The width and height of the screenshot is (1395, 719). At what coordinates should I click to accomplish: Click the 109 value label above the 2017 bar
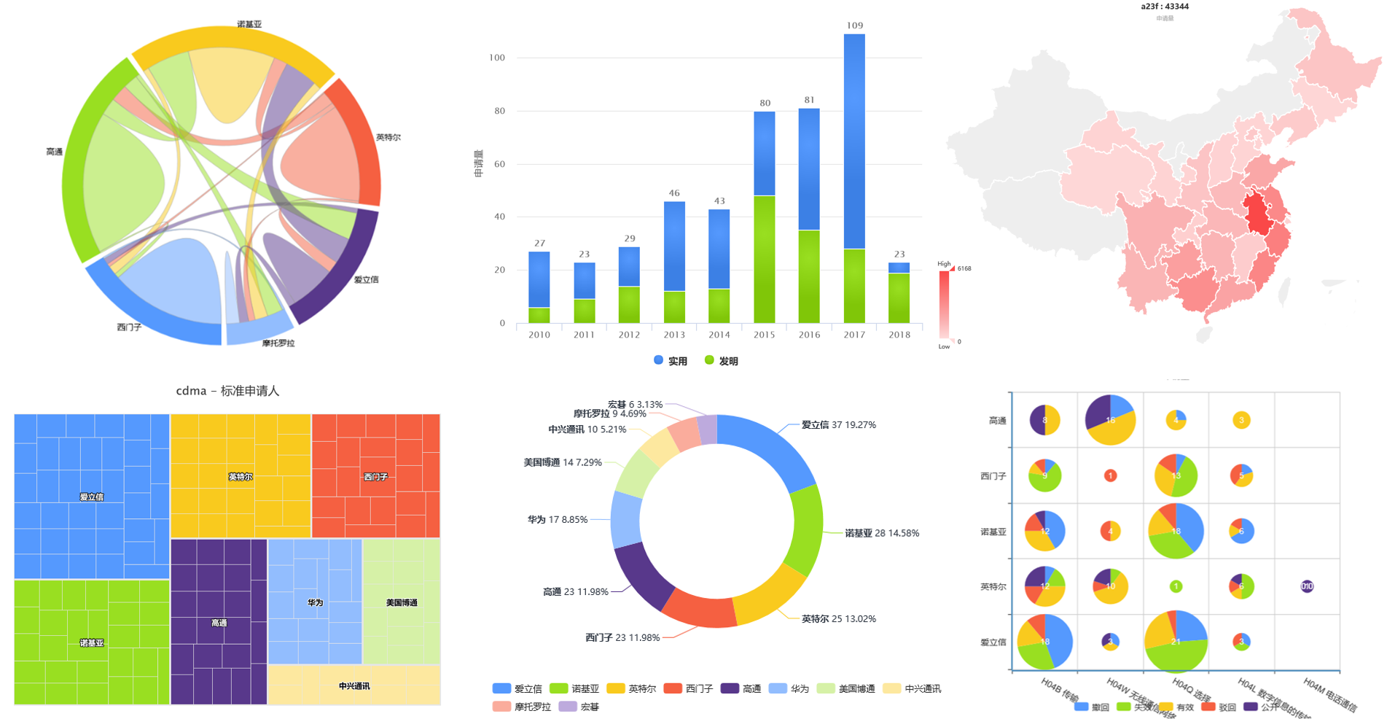[x=854, y=26]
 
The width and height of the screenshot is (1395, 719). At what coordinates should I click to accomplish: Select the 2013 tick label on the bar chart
[x=674, y=335]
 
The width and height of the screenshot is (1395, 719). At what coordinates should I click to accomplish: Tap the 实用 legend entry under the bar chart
[x=671, y=361]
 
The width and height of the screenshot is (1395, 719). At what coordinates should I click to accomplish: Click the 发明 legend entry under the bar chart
[x=721, y=361]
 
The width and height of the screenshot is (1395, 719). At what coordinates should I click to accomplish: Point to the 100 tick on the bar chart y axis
[x=497, y=58]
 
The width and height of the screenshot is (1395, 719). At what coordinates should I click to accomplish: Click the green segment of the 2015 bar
[x=765, y=259]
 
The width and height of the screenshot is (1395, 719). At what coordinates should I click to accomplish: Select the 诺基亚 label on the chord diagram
[x=249, y=24]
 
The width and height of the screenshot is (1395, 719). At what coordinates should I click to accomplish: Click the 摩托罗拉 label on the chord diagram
[x=278, y=343]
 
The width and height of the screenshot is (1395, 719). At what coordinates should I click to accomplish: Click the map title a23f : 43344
[x=1165, y=7]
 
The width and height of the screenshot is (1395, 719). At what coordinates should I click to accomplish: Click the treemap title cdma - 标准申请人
[x=227, y=391]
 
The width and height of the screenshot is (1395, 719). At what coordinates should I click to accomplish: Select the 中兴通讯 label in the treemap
[x=354, y=686]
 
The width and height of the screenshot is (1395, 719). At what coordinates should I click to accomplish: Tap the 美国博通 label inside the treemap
[x=402, y=602]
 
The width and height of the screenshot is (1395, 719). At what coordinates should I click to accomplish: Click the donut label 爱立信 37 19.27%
[x=838, y=424]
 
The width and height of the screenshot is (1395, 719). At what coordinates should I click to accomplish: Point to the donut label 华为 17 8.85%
[x=558, y=519]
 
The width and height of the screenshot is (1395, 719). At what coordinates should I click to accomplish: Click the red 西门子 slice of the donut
[x=698, y=609]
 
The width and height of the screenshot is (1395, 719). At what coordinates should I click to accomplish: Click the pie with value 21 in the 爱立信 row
[x=1176, y=642]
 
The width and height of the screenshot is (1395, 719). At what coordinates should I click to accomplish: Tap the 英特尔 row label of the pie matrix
[x=993, y=586]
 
